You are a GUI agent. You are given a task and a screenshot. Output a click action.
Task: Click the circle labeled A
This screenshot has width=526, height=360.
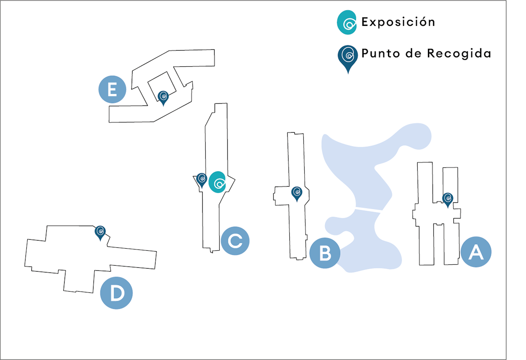click(476, 252)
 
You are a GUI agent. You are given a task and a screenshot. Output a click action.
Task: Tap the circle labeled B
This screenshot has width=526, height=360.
click(325, 253)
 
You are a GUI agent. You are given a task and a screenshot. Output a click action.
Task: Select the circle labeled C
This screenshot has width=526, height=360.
click(235, 241)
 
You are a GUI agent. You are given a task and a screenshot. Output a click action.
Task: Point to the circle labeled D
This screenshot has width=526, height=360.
click(116, 293)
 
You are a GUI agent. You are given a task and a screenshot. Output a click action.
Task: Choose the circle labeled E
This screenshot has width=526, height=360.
click(112, 90)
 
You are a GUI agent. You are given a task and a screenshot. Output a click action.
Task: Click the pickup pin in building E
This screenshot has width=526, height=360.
click(163, 97)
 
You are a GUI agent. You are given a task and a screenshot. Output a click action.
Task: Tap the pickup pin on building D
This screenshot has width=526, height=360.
click(101, 232)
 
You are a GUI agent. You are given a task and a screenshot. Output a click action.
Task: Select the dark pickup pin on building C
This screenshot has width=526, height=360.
click(202, 179)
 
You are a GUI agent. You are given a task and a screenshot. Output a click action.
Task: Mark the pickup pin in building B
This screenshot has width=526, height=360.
click(297, 193)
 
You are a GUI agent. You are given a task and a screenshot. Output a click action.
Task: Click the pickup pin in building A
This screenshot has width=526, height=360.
click(448, 199)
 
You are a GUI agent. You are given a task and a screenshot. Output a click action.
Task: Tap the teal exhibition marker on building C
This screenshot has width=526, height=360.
click(217, 182)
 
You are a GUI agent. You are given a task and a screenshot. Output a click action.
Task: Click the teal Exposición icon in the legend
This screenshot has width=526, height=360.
click(347, 22)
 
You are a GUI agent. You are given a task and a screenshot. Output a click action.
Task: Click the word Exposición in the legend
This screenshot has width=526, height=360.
click(398, 22)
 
